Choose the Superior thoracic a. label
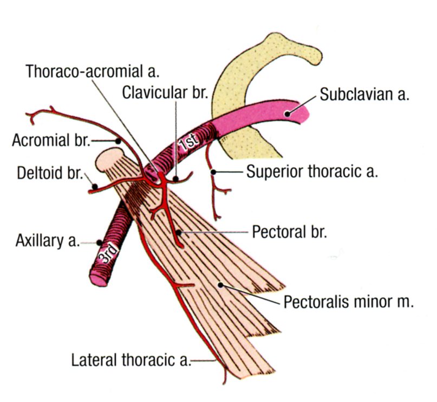click(x=312, y=172)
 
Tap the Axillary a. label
click(x=47, y=241)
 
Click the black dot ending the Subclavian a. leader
click(x=289, y=113)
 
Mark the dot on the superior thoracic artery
click(x=214, y=172)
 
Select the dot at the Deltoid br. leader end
click(x=95, y=187)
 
